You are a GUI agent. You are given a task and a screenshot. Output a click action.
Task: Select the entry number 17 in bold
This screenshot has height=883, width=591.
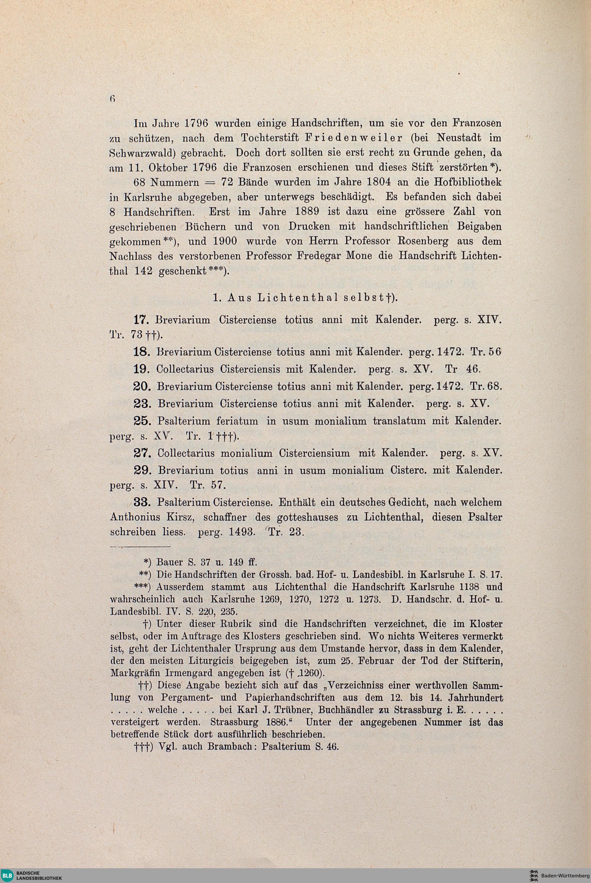(x=142, y=320)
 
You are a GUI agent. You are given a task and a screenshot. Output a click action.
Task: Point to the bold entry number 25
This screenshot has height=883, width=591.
(x=142, y=421)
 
